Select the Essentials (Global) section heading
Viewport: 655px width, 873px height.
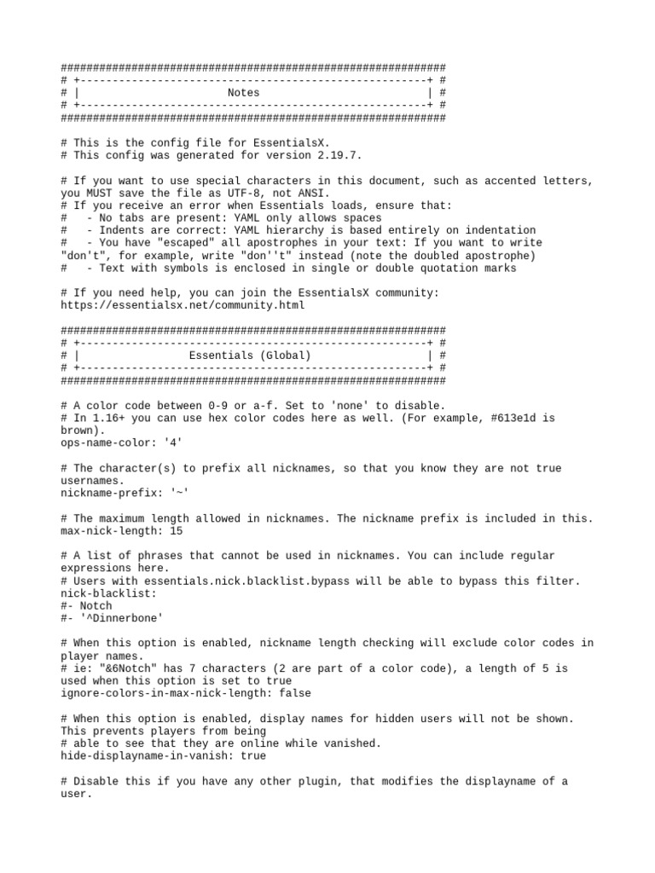(250, 356)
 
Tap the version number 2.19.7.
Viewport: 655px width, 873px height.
(337, 156)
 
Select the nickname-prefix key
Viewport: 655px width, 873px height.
(102, 493)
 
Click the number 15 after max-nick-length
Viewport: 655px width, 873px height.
(176, 530)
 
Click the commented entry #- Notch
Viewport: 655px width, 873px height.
(86, 605)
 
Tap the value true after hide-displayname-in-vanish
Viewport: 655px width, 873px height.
(250, 755)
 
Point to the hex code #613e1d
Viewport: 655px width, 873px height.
(514, 418)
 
